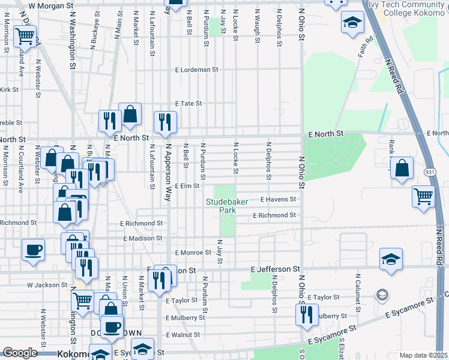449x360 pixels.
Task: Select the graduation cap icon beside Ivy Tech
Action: (351, 25)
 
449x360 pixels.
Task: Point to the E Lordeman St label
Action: (197, 70)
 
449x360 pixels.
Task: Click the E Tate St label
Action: (188, 103)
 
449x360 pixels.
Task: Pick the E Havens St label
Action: (278, 199)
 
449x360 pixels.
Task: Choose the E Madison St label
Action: (143, 238)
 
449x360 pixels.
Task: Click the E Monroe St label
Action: (193, 253)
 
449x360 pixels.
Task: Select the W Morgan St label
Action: (50, 5)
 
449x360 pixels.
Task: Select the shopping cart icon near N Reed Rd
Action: (423, 196)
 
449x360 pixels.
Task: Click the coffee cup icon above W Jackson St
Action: (33, 250)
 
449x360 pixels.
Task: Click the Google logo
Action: (20, 353)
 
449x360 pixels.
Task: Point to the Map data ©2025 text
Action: (423, 355)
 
